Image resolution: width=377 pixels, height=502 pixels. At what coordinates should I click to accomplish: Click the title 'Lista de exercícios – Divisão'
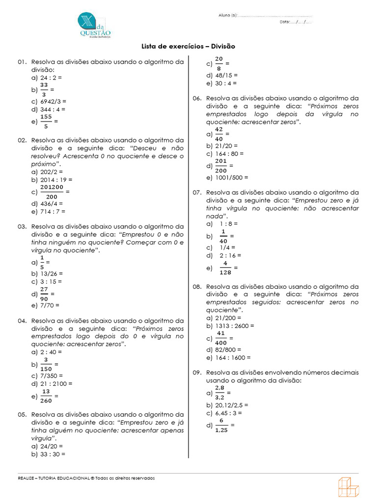coord(188,47)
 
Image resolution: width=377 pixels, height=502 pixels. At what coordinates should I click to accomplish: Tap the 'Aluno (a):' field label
coord(228,15)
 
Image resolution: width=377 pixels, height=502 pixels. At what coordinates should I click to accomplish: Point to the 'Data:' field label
coord(285,22)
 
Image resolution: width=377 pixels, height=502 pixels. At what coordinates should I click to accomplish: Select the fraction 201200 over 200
coord(52,192)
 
